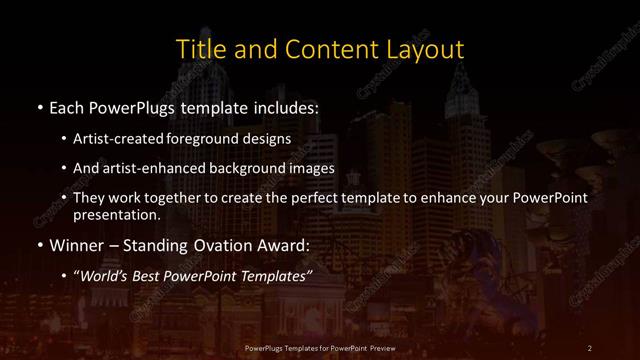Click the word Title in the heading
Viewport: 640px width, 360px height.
coord(199,48)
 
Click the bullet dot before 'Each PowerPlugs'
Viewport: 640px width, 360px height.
coord(38,107)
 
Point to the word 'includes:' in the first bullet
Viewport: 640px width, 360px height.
coord(288,107)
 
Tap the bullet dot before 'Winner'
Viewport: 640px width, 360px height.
coord(38,243)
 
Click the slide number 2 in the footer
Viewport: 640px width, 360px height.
coord(590,347)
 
